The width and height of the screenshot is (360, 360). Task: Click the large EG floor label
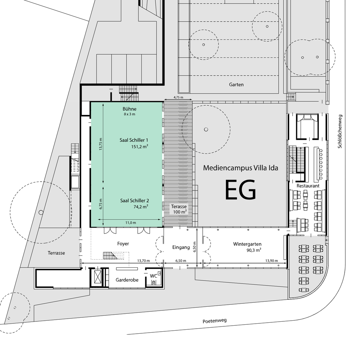(x=240, y=190)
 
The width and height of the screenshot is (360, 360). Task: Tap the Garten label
(x=236, y=84)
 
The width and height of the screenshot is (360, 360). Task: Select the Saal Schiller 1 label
(x=134, y=140)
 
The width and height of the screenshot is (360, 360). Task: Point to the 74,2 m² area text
(x=141, y=207)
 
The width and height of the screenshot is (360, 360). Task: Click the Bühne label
(x=129, y=109)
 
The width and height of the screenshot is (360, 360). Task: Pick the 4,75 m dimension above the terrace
(x=178, y=97)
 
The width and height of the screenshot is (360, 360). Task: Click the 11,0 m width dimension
(x=131, y=222)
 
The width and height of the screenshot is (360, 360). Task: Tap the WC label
(x=153, y=276)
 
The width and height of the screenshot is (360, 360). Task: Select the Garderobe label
(x=127, y=280)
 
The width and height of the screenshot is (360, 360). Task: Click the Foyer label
(x=123, y=244)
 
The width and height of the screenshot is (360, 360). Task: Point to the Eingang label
(x=181, y=247)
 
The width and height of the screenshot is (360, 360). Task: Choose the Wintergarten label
(x=247, y=244)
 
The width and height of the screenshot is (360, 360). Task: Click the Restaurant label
(x=308, y=186)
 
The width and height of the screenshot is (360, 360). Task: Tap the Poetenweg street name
(x=215, y=321)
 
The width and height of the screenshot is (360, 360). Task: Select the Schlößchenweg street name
(x=340, y=131)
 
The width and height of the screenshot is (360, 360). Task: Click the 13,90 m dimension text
(x=272, y=261)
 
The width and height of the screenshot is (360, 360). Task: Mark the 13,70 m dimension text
(x=143, y=261)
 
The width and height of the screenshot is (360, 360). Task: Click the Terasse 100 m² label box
(x=179, y=209)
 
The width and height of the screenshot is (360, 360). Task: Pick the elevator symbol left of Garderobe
(x=96, y=277)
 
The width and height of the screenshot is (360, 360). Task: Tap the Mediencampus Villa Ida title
(x=241, y=168)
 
